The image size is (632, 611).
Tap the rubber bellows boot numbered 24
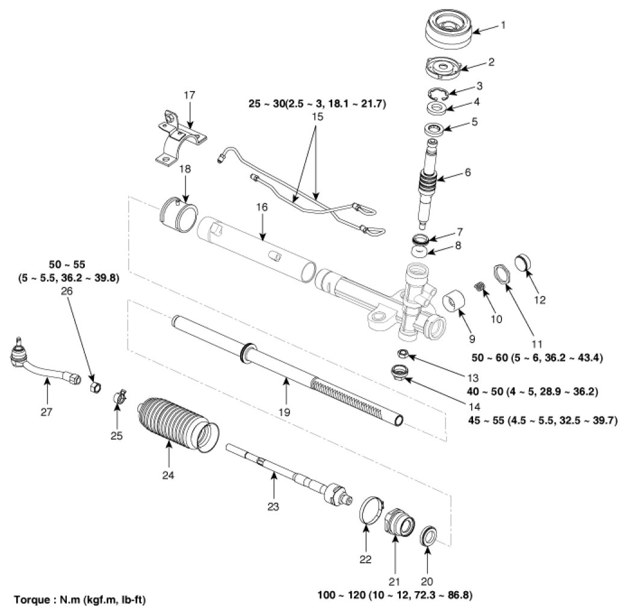175,423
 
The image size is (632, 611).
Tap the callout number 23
273,507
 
